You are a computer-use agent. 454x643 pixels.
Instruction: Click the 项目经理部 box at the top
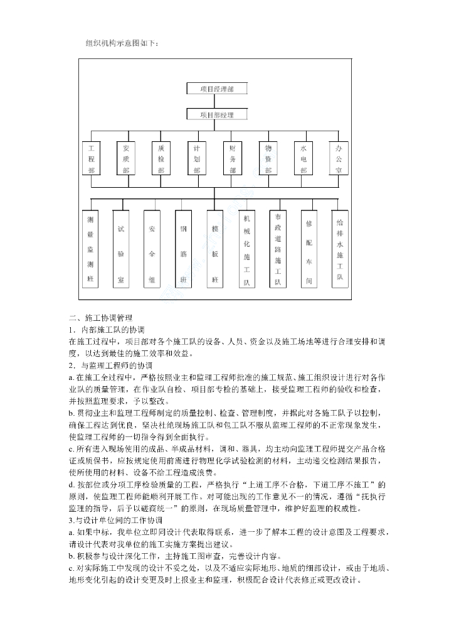[216, 89]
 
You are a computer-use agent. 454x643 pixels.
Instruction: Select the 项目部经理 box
[216, 115]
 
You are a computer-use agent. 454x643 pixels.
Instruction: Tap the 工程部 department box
[92, 159]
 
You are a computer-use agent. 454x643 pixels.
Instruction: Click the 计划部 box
[197, 159]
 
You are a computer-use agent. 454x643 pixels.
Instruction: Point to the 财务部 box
[233, 159]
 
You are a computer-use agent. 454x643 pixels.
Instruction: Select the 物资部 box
[268, 159]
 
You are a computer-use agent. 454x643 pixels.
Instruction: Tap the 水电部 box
[304, 159]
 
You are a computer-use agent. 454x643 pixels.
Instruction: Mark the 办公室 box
[339, 159]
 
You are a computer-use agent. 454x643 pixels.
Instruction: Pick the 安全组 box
[152, 249]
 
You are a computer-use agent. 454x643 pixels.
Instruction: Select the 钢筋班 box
[184, 249]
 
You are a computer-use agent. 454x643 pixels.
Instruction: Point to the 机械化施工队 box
[246, 249]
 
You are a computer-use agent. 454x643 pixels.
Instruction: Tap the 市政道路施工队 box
[278, 249]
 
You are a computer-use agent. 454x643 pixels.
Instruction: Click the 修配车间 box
[309, 249]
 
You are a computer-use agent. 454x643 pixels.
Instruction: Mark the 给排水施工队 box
[340, 249]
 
